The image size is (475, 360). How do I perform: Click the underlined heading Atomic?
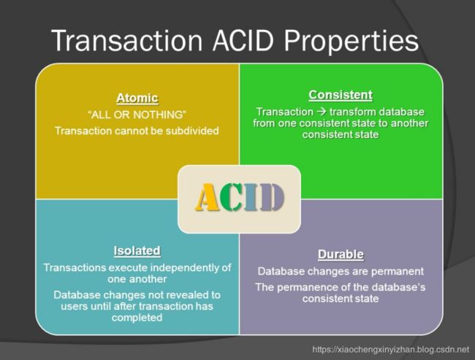(x=137, y=98)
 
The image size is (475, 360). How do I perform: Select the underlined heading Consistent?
(x=341, y=95)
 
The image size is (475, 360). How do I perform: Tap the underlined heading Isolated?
(x=137, y=250)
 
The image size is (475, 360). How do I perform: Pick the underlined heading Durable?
(x=341, y=254)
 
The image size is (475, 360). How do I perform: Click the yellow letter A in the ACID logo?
(x=208, y=197)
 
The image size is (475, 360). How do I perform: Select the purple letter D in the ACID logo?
(x=272, y=197)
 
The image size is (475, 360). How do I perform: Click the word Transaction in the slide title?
(x=127, y=41)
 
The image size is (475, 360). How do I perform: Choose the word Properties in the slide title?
(x=351, y=42)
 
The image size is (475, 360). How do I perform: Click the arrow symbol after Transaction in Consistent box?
(x=322, y=112)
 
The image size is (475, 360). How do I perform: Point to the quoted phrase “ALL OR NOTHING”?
(x=137, y=115)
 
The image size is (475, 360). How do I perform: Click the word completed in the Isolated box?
(x=137, y=318)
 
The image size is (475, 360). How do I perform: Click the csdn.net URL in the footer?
(x=390, y=350)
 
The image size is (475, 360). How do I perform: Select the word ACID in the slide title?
(x=243, y=41)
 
